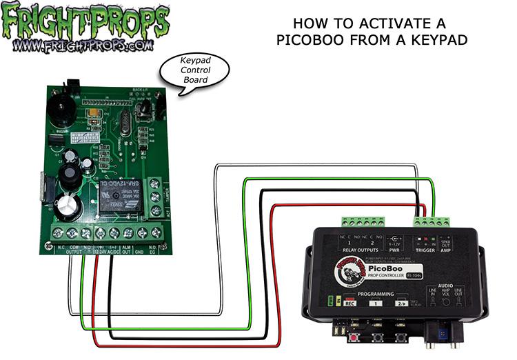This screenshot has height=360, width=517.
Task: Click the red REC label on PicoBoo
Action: point(349,303)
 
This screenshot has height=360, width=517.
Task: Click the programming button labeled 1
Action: point(376,303)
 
